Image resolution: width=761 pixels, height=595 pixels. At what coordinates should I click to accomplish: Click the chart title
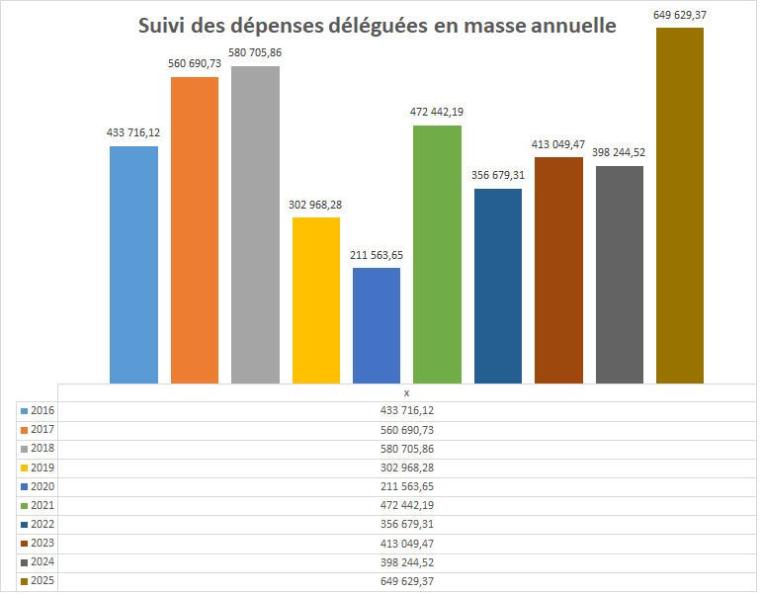tap(377, 26)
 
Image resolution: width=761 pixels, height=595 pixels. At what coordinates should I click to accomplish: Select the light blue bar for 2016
tap(133, 264)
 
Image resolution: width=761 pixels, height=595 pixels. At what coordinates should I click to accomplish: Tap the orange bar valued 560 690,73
tap(194, 229)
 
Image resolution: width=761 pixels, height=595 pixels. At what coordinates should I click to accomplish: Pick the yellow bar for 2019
tap(316, 299)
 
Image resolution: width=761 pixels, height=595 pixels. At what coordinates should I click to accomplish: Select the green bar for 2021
tap(437, 254)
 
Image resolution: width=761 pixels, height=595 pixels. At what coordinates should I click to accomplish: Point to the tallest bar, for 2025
tap(680, 206)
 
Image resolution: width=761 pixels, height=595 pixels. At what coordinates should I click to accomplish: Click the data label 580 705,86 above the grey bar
tap(255, 53)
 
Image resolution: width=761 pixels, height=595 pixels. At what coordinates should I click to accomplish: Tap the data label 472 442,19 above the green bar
tap(437, 112)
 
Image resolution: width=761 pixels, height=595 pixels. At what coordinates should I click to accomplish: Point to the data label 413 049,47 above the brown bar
tap(558, 144)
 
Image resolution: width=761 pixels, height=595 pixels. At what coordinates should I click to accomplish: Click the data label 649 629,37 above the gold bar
tap(680, 14)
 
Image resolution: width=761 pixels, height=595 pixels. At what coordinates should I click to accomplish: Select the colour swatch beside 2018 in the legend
tap(24, 449)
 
